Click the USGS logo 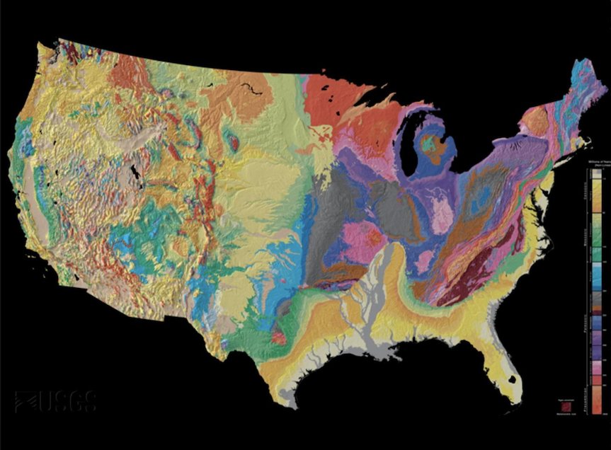coord(56,401)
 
